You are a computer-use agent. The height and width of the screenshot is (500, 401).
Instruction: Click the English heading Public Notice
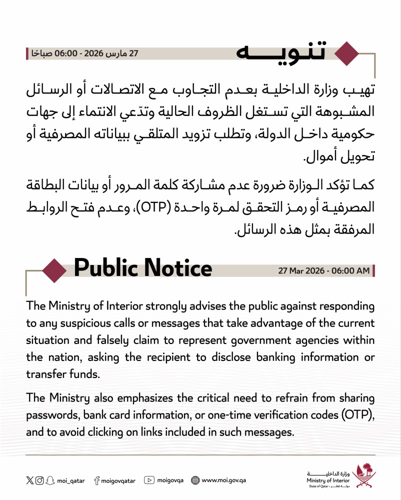[143, 269]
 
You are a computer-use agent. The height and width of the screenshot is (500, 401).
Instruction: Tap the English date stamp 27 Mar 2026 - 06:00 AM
[324, 271]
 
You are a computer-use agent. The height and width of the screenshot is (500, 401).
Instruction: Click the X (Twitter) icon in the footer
[29, 480]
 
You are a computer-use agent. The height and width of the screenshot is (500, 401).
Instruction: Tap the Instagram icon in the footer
[39, 480]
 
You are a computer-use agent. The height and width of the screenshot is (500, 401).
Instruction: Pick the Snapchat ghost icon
[49, 480]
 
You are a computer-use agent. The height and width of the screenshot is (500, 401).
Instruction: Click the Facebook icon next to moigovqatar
[96, 480]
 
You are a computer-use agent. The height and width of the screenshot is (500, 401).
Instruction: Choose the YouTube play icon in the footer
[149, 480]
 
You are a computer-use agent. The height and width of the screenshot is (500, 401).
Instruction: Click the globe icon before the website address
[195, 480]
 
